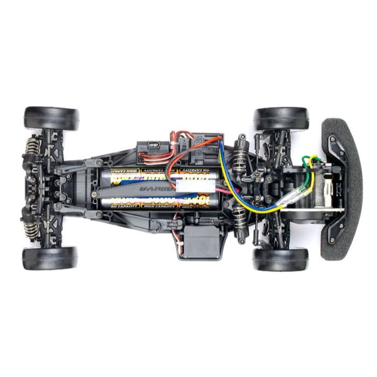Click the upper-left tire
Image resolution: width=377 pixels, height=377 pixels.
[52, 118]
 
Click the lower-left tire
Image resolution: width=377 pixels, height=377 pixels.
[50, 258]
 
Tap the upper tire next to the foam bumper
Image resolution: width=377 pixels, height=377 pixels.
[281, 119]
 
